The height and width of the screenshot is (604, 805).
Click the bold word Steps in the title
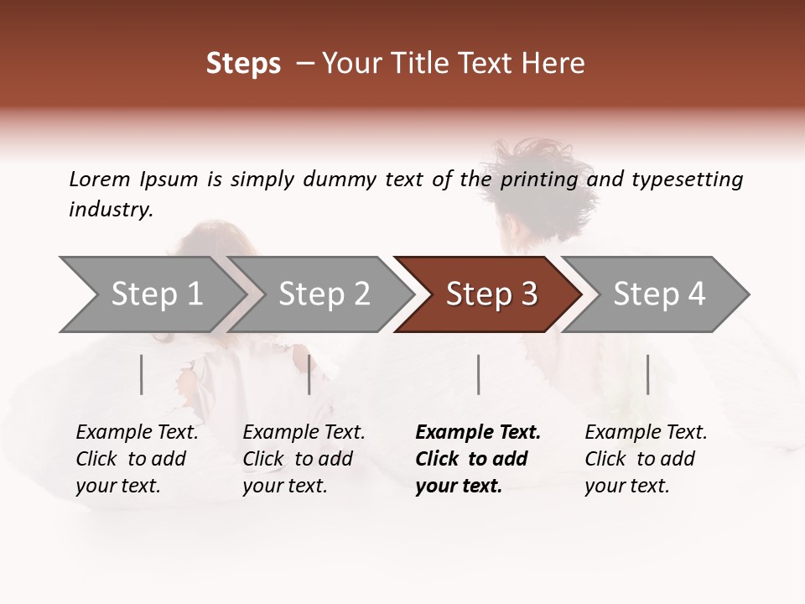tap(243, 64)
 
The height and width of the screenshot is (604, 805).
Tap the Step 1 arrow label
tap(157, 294)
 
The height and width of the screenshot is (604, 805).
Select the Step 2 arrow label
tap(325, 294)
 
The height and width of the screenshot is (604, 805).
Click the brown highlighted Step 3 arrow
tap(491, 294)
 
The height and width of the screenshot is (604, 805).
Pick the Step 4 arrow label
tap(659, 294)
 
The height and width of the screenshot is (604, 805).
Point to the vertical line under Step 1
tap(142, 374)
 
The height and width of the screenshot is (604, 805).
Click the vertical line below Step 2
tap(309, 374)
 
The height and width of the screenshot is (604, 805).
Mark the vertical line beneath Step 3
tap(478, 374)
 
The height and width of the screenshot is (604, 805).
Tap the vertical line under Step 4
tap(647, 374)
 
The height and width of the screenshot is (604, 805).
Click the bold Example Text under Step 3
tap(478, 433)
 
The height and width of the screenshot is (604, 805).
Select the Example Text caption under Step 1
tap(137, 433)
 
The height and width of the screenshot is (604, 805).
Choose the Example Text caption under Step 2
tap(304, 433)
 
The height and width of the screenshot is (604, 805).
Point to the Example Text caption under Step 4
tap(646, 433)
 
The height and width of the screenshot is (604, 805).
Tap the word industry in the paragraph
tap(111, 210)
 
